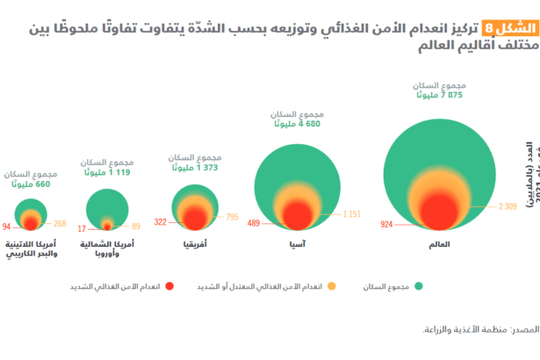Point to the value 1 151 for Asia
pyautogui.click(x=352, y=213)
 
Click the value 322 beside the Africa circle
pyautogui.click(x=161, y=222)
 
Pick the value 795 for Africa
pyautogui.click(x=232, y=216)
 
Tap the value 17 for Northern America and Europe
pyautogui.click(x=82, y=227)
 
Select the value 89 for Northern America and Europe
pyautogui.click(x=136, y=227)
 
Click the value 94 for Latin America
pyautogui.click(x=7, y=226)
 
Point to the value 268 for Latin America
pyautogui.click(x=60, y=224)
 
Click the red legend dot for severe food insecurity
pyautogui.click(x=169, y=285)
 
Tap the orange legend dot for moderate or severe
pyautogui.click(x=331, y=285)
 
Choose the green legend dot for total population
pyautogui.click(x=419, y=285)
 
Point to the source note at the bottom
pyautogui.click(x=479, y=328)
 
